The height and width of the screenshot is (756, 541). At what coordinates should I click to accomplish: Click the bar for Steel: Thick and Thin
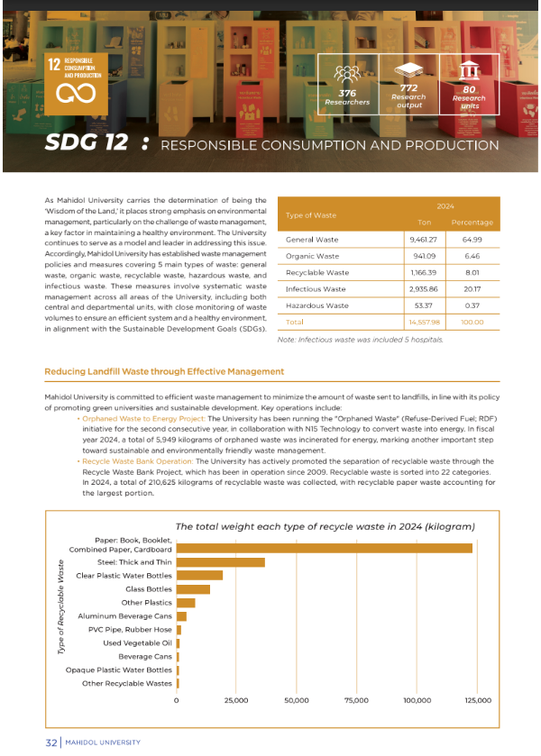(221, 562)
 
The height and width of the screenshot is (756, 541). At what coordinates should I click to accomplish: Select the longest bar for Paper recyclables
(324, 548)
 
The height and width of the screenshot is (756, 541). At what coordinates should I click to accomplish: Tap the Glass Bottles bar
(193, 589)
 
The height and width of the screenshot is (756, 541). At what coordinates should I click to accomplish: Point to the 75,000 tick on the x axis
(357, 699)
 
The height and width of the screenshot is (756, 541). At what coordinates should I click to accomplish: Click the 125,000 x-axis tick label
(477, 699)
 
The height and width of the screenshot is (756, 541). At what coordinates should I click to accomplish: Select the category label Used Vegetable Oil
(137, 642)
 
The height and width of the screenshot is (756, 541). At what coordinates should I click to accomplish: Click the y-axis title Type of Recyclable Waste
(61, 615)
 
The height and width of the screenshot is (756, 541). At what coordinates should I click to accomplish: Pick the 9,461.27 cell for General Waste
(424, 240)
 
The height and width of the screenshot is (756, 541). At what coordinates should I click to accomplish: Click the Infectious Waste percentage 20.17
(472, 289)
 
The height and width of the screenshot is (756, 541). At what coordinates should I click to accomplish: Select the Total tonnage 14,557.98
(424, 322)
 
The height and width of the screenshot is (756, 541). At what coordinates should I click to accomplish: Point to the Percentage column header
(472, 223)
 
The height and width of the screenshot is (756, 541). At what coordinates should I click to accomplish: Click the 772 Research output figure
(408, 87)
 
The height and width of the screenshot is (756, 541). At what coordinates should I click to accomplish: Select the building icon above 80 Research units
(469, 72)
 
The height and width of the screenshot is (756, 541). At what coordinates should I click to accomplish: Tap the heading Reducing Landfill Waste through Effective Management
(164, 371)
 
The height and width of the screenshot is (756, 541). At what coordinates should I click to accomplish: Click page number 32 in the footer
(51, 742)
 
